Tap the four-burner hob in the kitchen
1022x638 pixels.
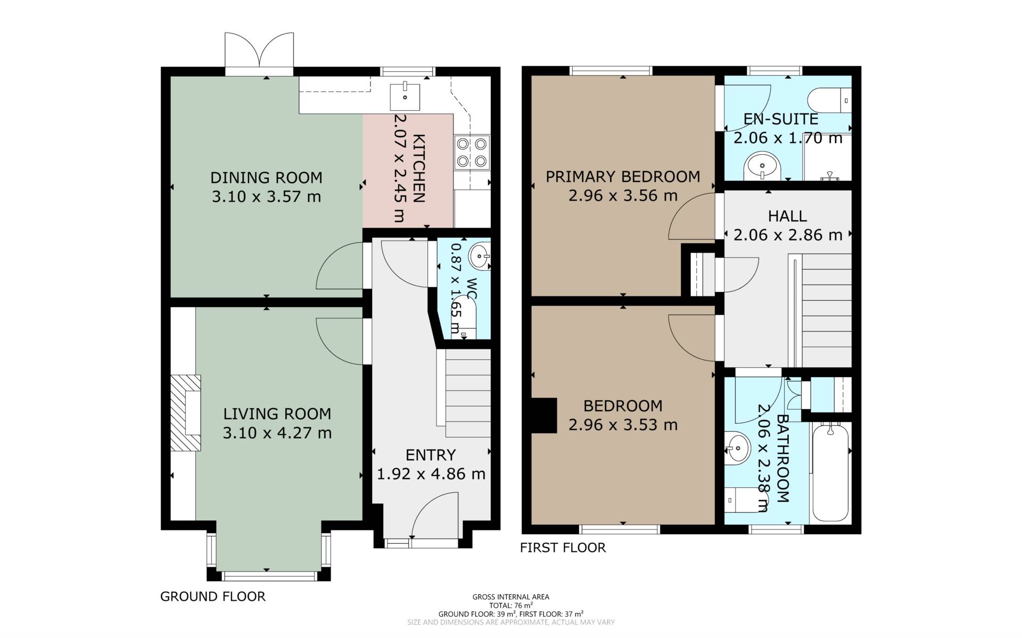472,153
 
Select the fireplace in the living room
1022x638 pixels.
186,413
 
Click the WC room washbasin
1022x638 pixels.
479,256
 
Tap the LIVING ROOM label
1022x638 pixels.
277,413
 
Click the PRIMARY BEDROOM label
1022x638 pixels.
623,177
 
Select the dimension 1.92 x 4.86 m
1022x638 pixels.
431,474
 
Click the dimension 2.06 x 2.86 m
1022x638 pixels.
788,235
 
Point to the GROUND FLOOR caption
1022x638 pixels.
213,596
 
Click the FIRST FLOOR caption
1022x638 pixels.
563,548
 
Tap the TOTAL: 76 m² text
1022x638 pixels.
511,606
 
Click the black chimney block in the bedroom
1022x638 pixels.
544,416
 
